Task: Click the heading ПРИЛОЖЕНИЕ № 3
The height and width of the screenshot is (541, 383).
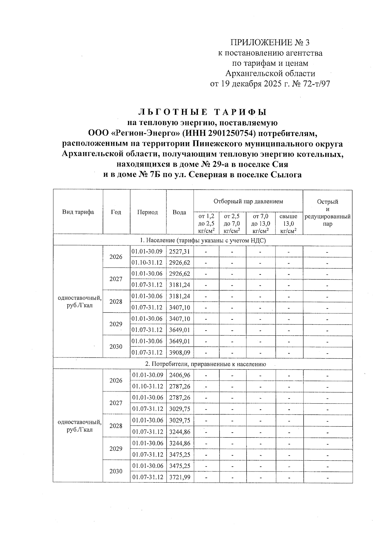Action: pos(270,42)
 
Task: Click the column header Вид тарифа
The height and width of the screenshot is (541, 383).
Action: pos(78,212)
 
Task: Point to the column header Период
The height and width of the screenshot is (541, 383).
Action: pos(147,212)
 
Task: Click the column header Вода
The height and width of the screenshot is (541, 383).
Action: pos(179,212)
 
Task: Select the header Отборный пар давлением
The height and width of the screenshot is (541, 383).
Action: pos(248,201)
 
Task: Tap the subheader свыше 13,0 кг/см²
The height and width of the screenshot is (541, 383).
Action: pos(288,223)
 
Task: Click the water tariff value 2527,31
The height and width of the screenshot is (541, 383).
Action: pos(179,252)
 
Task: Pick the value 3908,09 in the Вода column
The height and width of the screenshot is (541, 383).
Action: pos(179,353)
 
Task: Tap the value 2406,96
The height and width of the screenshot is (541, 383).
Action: pos(179,375)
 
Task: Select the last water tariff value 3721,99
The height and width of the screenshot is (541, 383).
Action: pos(179,477)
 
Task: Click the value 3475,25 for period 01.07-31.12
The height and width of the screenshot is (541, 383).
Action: pos(179,455)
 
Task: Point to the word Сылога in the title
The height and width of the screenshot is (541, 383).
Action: pos(286,175)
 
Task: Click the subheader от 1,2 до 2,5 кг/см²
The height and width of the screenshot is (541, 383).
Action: pos(206,223)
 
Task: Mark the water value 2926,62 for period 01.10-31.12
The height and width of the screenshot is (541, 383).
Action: pos(179,263)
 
